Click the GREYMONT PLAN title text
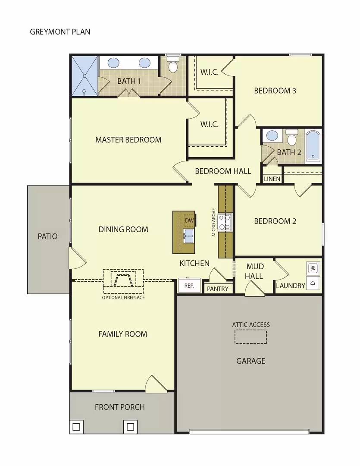[x=60, y=31]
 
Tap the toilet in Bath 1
[x=173, y=66]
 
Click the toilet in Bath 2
[x=292, y=138]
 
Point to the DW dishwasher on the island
[x=189, y=220]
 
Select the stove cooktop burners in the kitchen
[x=225, y=223]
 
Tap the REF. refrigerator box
[x=189, y=286]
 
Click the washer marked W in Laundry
[x=313, y=268]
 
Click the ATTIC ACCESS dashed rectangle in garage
[x=250, y=337]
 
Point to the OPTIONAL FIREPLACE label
[x=123, y=298]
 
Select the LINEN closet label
[x=272, y=179]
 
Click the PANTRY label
[x=218, y=289]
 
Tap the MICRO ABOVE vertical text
[x=213, y=223]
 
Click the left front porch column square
[x=76, y=427]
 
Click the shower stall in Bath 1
[x=85, y=76]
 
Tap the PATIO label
[x=47, y=236]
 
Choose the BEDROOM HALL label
[x=223, y=171]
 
